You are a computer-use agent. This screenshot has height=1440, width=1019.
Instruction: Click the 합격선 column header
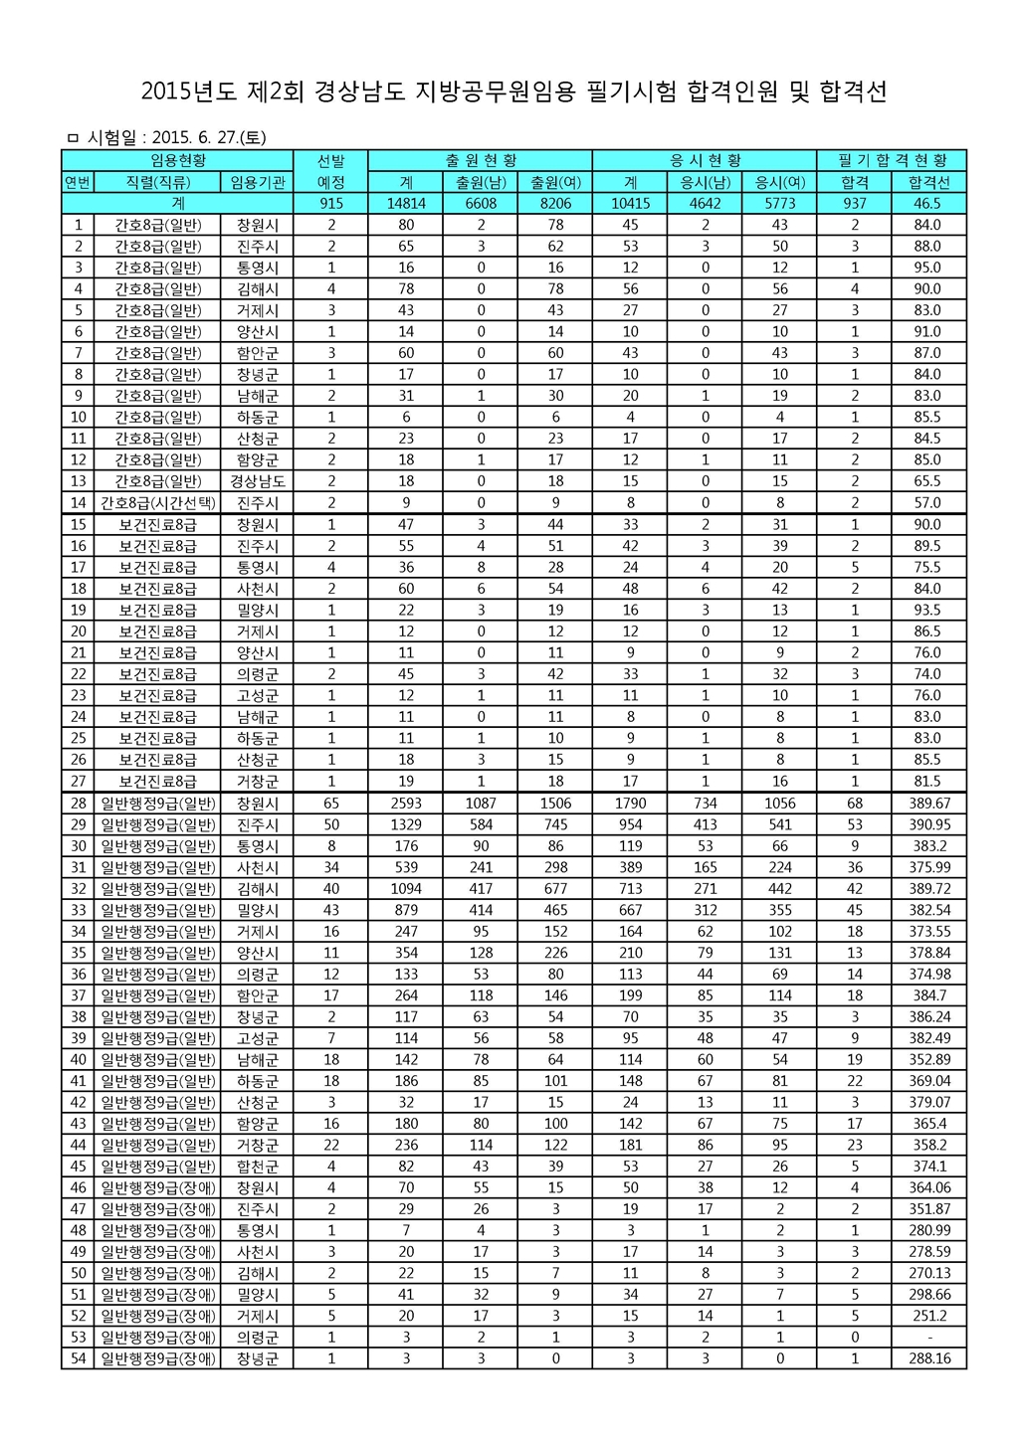pyautogui.click(x=928, y=182)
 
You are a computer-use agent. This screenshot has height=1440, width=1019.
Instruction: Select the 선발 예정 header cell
pyautogui.click(x=331, y=171)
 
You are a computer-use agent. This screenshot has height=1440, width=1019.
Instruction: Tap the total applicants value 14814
pyautogui.click(x=406, y=203)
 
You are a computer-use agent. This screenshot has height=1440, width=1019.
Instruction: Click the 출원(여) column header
pyautogui.click(x=555, y=182)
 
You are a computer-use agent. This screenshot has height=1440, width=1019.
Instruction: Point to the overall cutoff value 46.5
pyautogui.click(x=928, y=203)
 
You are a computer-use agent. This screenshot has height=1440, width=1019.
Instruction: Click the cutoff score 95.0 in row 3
pyautogui.click(x=928, y=268)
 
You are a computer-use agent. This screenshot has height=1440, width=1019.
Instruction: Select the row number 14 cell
pyautogui.click(x=78, y=502)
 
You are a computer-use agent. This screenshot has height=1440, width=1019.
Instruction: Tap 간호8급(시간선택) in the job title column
pyautogui.click(x=158, y=502)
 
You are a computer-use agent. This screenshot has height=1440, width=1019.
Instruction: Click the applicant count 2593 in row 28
pyautogui.click(x=406, y=804)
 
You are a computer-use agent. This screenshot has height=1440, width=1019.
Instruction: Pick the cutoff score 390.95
pyautogui.click(x=928, y=824)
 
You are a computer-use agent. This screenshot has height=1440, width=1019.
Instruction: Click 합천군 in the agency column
pyautogui.click(x=258, y=1166)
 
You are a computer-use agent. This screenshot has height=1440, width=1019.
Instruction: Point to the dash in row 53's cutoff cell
pyautogui.click(x=928, y=1337)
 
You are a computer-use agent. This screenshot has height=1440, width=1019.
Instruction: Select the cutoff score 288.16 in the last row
pyautogui.click(x=928, y=1358)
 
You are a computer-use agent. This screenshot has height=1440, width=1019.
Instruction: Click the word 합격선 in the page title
pyautogui.click(x=853, y=92)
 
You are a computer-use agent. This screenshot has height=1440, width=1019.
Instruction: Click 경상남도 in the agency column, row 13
pyautogui.click(x=258, y=481)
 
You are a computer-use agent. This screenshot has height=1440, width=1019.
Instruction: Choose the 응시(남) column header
pyautogui.click(x=705, y=182)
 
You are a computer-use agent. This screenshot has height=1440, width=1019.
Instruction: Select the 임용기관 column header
pyautogui.click(x=258, y=182)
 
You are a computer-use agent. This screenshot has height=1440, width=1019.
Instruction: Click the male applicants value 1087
pyautogui.click(x=481, y=804)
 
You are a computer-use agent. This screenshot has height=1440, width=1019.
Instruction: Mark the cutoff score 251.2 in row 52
pyautogui.click(x=928, y=1316)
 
